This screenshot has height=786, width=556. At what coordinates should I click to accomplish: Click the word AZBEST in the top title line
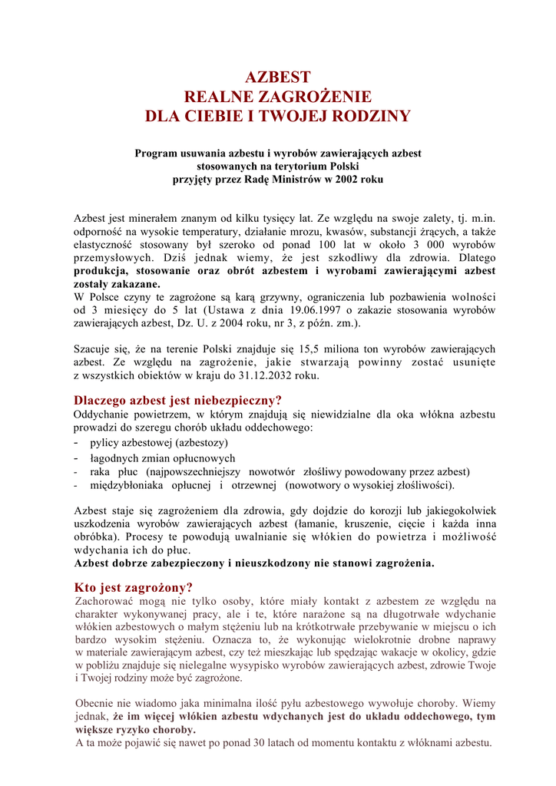tap(277, 78)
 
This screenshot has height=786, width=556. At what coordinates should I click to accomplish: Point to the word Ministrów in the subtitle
tap(293, 179)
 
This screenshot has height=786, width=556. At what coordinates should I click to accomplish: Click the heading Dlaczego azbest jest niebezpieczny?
tap(177, 400)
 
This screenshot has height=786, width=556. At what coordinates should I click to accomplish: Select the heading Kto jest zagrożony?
tap(133, 587)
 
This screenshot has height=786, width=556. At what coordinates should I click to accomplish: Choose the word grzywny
tap(256, 297)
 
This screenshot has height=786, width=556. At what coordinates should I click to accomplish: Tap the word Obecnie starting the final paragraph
tap(96, 703)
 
